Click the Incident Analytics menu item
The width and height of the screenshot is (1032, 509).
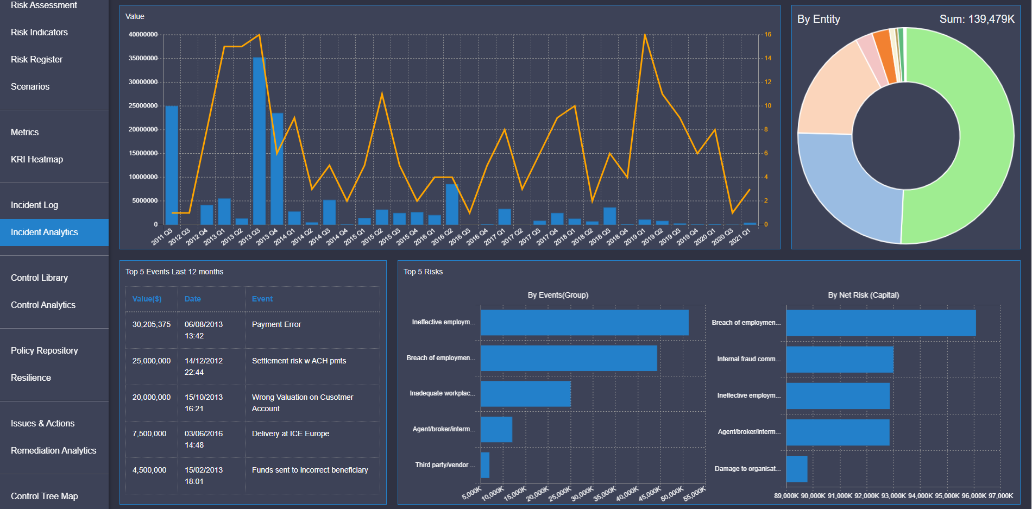[x=45, y=232]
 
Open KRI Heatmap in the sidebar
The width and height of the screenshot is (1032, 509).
[x=37, y=160]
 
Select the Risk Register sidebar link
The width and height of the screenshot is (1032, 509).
[x=36, y=60]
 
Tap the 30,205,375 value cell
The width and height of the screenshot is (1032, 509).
[x=152, y=325]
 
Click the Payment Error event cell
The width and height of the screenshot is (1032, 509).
[x=276, y=325]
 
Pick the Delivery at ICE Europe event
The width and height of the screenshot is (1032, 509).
[x=291, y=434]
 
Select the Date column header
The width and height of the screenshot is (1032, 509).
[x=193, y=299]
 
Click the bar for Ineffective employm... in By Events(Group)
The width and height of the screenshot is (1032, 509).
[x=584, y=323]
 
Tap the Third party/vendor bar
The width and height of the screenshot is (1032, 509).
[x=485, y=465]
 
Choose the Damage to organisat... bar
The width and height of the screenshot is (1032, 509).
[x=797, y=469]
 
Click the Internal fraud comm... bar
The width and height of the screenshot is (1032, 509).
[x=839, y=360]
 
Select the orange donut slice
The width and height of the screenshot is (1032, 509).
[x=884, y=54]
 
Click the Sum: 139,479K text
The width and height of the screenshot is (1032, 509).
[x=977, y=20]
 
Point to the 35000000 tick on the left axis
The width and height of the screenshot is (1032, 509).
[x=143, y=59]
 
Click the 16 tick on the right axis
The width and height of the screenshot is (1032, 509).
[x=768, y=35]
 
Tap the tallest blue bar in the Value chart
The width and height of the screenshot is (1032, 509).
[x=259, y=141]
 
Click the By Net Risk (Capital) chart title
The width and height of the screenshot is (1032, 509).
[x=863, y=296]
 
